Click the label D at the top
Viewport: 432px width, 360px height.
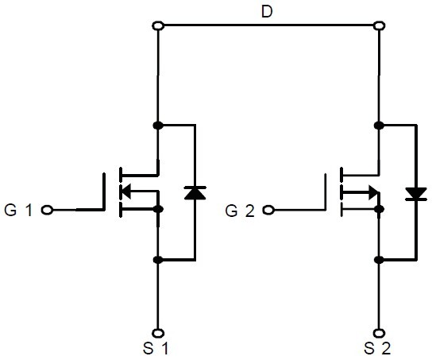click(267, 12)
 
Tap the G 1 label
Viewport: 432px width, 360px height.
click(18, 210)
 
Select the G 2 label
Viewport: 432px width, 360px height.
click(239, 211)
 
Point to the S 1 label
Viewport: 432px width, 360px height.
click(156, 348)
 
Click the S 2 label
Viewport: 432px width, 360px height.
click(377, 348)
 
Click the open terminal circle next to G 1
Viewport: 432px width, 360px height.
click(47, 210)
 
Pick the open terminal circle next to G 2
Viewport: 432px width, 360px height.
click(268, 211)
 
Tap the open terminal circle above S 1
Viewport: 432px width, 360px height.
click(158, 333)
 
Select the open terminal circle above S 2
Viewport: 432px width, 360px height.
click(379, 333)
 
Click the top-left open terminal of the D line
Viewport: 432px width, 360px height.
click(158, 25)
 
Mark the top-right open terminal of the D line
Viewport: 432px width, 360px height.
click(379, 25)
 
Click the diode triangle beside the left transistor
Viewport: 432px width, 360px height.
click(195, 192)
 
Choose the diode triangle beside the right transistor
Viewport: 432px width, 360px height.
click(416, 194)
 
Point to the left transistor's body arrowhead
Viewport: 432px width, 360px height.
click(126, 191)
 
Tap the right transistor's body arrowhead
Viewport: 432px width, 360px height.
click(374, 192)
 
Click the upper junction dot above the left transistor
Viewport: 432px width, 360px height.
click(158, 126)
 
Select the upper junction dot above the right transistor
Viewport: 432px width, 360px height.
click(379, 126)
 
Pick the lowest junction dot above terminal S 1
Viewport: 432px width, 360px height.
click(158, 260)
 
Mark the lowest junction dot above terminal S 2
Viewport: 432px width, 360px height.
click(379, 260)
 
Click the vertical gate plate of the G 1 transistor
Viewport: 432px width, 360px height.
click(104, 192)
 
